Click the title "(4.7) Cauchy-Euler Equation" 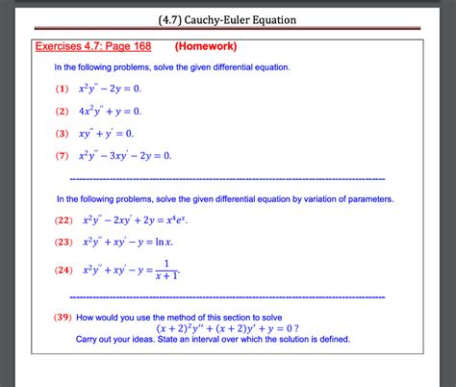click(x=227, y=19)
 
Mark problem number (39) click(x=63, y=316)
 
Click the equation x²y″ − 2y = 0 click(x=111, y=89)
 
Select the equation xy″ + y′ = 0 click(x=107, y=134)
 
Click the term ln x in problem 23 click(x=173, y=242)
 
